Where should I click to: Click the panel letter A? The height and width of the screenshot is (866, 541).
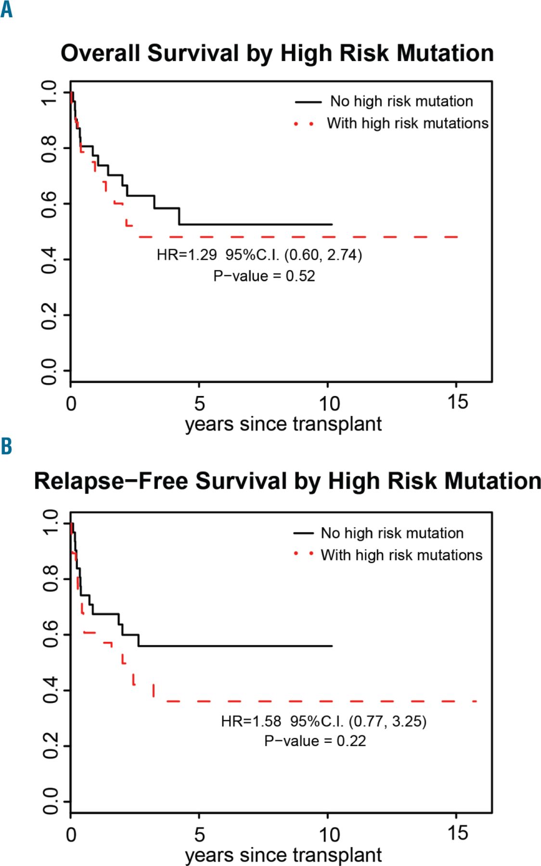[6, 10]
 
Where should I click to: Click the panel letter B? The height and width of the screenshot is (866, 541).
[6, 446]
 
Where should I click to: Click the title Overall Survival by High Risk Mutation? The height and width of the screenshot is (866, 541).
[277, 53]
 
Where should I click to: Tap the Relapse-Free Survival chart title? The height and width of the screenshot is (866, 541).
[287, 481]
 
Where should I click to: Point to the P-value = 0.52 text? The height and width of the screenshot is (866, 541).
[264, 276]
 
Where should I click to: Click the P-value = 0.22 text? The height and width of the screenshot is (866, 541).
[315, 741]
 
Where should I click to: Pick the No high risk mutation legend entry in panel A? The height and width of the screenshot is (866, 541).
[401, 102]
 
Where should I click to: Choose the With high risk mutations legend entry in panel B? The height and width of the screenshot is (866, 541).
[401, 555]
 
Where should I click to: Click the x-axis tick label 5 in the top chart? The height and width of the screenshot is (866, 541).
[199, 403]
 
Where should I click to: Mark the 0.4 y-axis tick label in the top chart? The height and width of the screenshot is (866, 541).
[49, 259]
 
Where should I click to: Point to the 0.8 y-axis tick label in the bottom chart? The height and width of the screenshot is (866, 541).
[50, 579]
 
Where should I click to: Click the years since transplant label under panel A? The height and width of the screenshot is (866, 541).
[283, 424]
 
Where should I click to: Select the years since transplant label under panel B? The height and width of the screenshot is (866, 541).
[283, 855]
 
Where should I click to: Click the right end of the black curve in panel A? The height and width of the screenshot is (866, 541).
[332, 225]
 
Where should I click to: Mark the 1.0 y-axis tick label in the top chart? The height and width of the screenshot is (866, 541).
[49, 92]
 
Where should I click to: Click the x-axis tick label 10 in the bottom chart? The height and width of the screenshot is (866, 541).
[329, 834]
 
